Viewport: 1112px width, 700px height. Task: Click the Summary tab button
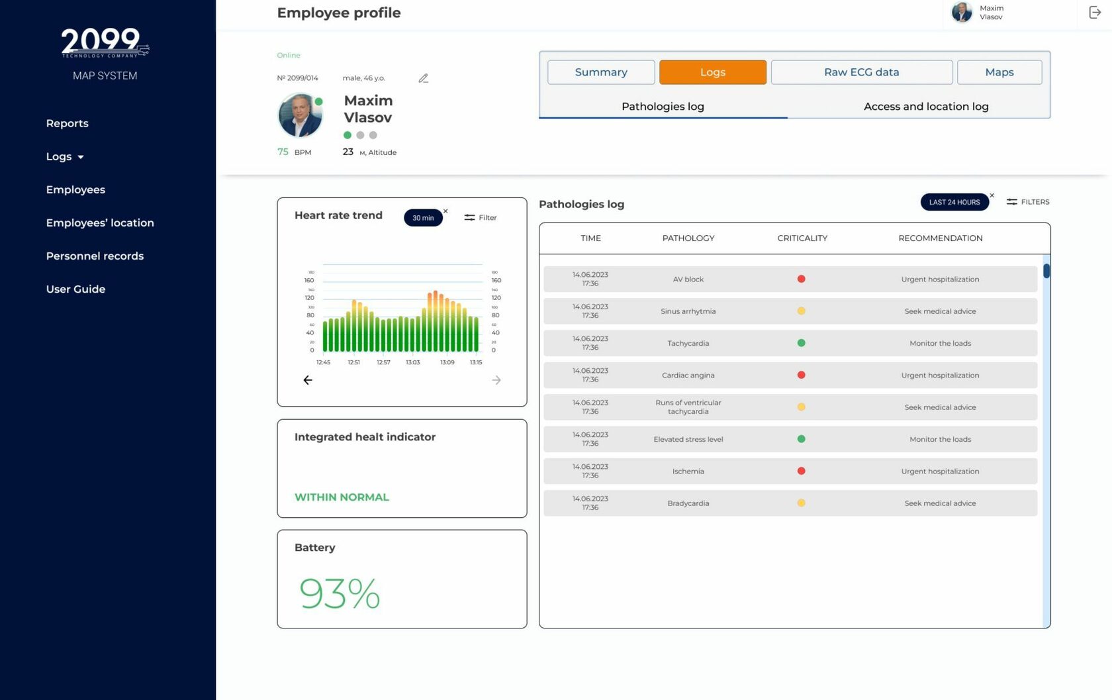601,72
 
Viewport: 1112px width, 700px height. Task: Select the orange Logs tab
713,72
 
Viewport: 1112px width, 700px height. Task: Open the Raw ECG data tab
861,72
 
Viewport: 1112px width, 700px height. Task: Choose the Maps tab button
999,72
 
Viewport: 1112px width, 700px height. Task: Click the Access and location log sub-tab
925,107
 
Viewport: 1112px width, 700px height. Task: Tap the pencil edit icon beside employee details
424,78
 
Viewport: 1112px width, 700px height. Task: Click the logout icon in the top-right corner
1095,12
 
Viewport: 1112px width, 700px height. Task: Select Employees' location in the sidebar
100,223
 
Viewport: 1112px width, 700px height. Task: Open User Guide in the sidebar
75,289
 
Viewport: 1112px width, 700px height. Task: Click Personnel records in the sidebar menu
95,256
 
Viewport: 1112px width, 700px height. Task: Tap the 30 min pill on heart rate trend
423,218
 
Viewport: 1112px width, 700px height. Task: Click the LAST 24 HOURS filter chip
954,202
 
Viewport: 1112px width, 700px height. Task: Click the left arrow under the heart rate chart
308,380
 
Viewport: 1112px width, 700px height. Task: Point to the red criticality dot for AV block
801,279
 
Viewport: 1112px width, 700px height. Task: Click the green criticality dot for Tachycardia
801,343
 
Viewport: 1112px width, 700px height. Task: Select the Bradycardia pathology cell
688,503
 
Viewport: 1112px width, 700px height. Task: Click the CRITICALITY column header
802,238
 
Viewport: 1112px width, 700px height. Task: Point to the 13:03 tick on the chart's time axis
412,362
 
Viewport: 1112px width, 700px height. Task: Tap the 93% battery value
340,593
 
